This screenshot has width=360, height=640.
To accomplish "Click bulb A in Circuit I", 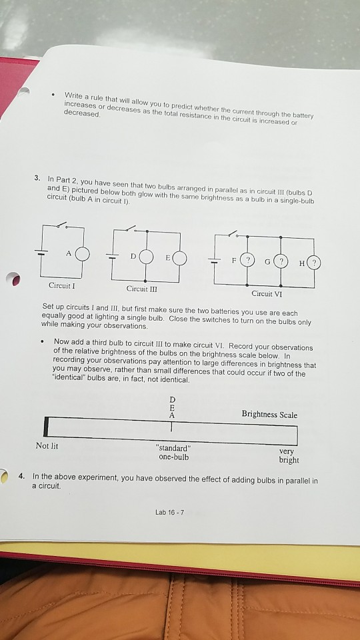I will pyautogui.click(x=81, y=255).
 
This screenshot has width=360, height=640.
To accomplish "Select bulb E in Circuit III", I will pyautogui.click(x=178, y=257).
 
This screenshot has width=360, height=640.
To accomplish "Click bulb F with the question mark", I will pyautogui.click(x=247, y=258).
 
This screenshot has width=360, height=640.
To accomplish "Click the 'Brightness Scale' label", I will pyautogui.click(x=270, y=415).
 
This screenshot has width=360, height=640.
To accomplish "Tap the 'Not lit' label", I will pyautogui.click(x=47, y=445).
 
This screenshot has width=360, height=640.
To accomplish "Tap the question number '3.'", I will pyautogui.click(x=39, y=178).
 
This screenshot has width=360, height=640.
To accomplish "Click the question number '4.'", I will pyautogui.click(x=22, y=477).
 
